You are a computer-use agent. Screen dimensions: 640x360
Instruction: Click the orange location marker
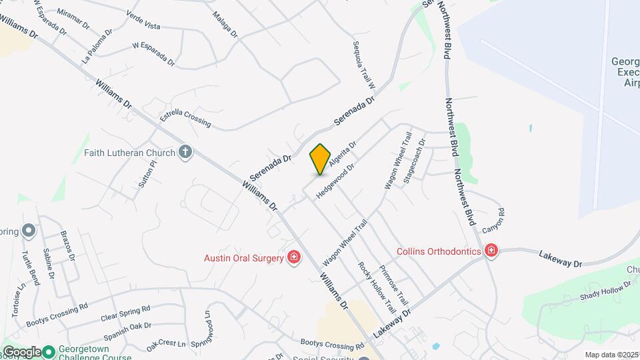point(320,159)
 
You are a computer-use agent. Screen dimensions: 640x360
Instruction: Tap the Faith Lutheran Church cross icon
point(186,153)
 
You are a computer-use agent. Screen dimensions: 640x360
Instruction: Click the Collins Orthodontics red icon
point(491,251)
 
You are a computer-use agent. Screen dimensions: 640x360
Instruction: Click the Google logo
point(21,352)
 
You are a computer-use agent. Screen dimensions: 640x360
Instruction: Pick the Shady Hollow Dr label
point(606,291)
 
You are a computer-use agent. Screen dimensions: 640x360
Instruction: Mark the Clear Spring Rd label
point(125,313)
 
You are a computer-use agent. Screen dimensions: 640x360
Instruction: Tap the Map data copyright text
point(611,355)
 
